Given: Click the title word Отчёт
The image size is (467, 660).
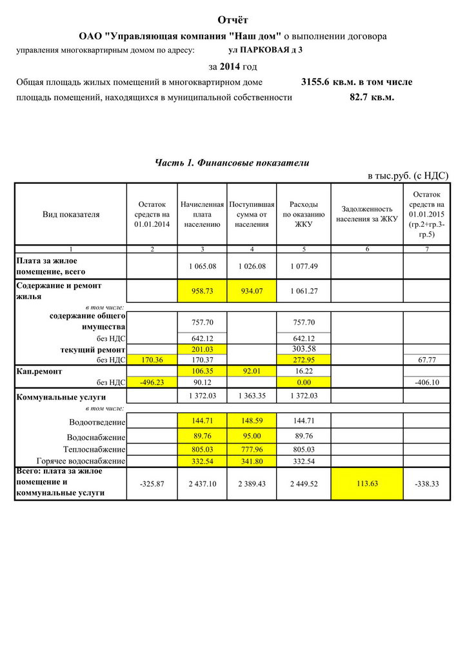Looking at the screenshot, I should (x=233, y=21).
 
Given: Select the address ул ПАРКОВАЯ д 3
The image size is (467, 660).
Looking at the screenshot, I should (x=265, y=50).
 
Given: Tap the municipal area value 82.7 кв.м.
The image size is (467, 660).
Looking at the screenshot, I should (x=372, y=97).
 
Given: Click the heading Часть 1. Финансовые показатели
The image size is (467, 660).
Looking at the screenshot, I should (x=232, y=163).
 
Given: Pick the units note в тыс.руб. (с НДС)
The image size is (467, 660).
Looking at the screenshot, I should (x=408, y=175).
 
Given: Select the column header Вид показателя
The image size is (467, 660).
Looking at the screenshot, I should (x=71, y=215).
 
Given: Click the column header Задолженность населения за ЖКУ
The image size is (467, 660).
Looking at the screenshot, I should (x=367, y=214).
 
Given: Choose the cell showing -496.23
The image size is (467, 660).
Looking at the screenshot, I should (x=152, y=382).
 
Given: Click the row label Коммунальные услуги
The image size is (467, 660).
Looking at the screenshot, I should (x=61, y=397).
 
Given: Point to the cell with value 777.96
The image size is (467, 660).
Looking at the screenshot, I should (x=252, y=449).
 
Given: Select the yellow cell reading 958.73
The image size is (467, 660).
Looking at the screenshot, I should (x=203, y=291).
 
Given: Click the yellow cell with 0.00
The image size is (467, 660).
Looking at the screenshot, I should (x=303, y=382).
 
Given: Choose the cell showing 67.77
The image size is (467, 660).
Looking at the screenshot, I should (x=426, y=359).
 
